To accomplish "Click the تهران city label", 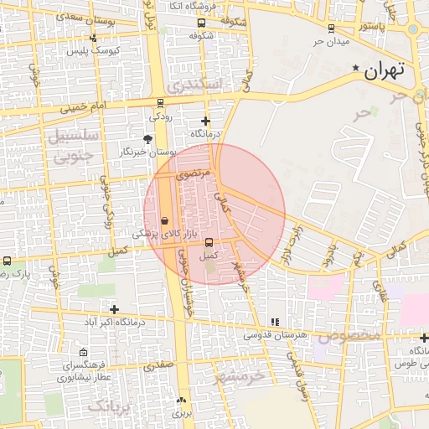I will [385, 70].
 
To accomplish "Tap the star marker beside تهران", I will [356, 68].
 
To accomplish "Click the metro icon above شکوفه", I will [199, 22].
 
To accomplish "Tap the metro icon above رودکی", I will [160, 103].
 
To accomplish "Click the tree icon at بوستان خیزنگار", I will [148, 139].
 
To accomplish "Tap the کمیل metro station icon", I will [209, 242].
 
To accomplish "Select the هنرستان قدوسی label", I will [276, 334].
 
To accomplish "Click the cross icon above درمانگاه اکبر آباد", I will [114, 309].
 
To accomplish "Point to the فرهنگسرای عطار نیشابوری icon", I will [82, 353].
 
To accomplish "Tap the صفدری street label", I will [158, 365].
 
